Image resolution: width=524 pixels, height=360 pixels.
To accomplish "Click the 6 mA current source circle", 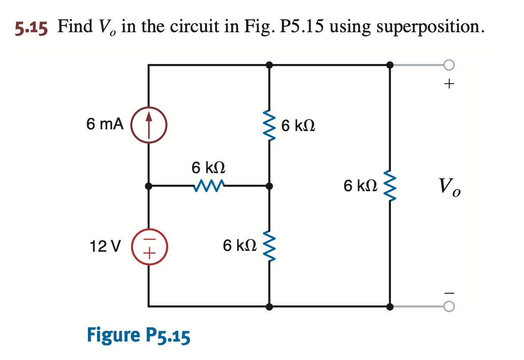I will (x=149, y=125).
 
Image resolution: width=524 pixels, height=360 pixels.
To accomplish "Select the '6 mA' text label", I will (x=105, y=125).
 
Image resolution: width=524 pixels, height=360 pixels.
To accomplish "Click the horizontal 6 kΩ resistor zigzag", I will (x=209, y=186).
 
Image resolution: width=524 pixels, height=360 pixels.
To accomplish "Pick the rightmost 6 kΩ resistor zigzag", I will (x=390, y=186).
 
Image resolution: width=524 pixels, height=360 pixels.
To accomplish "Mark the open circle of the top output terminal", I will (x=449, y=65).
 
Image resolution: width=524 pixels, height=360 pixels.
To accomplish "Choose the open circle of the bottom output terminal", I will (x=449, y=307).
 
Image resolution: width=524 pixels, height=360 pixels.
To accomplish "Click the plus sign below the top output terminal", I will (x=449, y=84).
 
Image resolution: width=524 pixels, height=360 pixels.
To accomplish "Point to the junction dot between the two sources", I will (x=149, y=186).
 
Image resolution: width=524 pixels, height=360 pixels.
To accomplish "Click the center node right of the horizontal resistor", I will (x=269, y=186).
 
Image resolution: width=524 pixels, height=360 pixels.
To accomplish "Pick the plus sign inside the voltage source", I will (x=149, y=253).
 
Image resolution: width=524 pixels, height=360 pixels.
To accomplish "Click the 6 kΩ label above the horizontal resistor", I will (x=209, y=168).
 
